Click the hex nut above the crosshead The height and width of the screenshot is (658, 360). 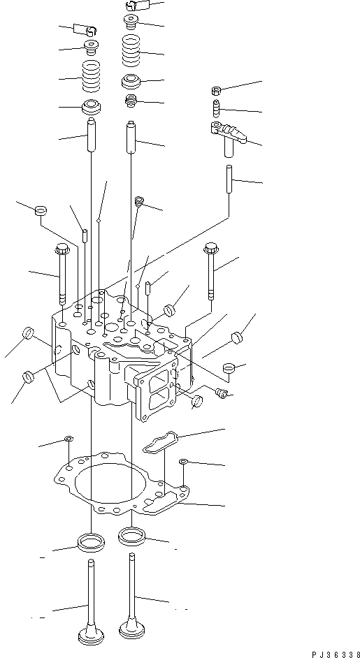tap(217, 91)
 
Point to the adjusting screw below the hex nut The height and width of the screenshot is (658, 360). tap(217, 110)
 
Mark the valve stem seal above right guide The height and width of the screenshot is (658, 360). tap(130, 102)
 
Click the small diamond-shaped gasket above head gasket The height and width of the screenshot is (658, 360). tap(160, 443)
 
